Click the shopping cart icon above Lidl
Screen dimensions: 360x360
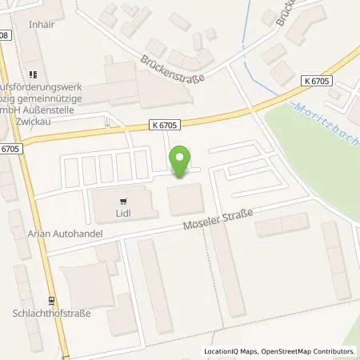click(x=122, y=202)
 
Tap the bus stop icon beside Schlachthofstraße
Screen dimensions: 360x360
click(x=50, y=302)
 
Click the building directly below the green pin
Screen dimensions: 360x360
click(x=186, y=198)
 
